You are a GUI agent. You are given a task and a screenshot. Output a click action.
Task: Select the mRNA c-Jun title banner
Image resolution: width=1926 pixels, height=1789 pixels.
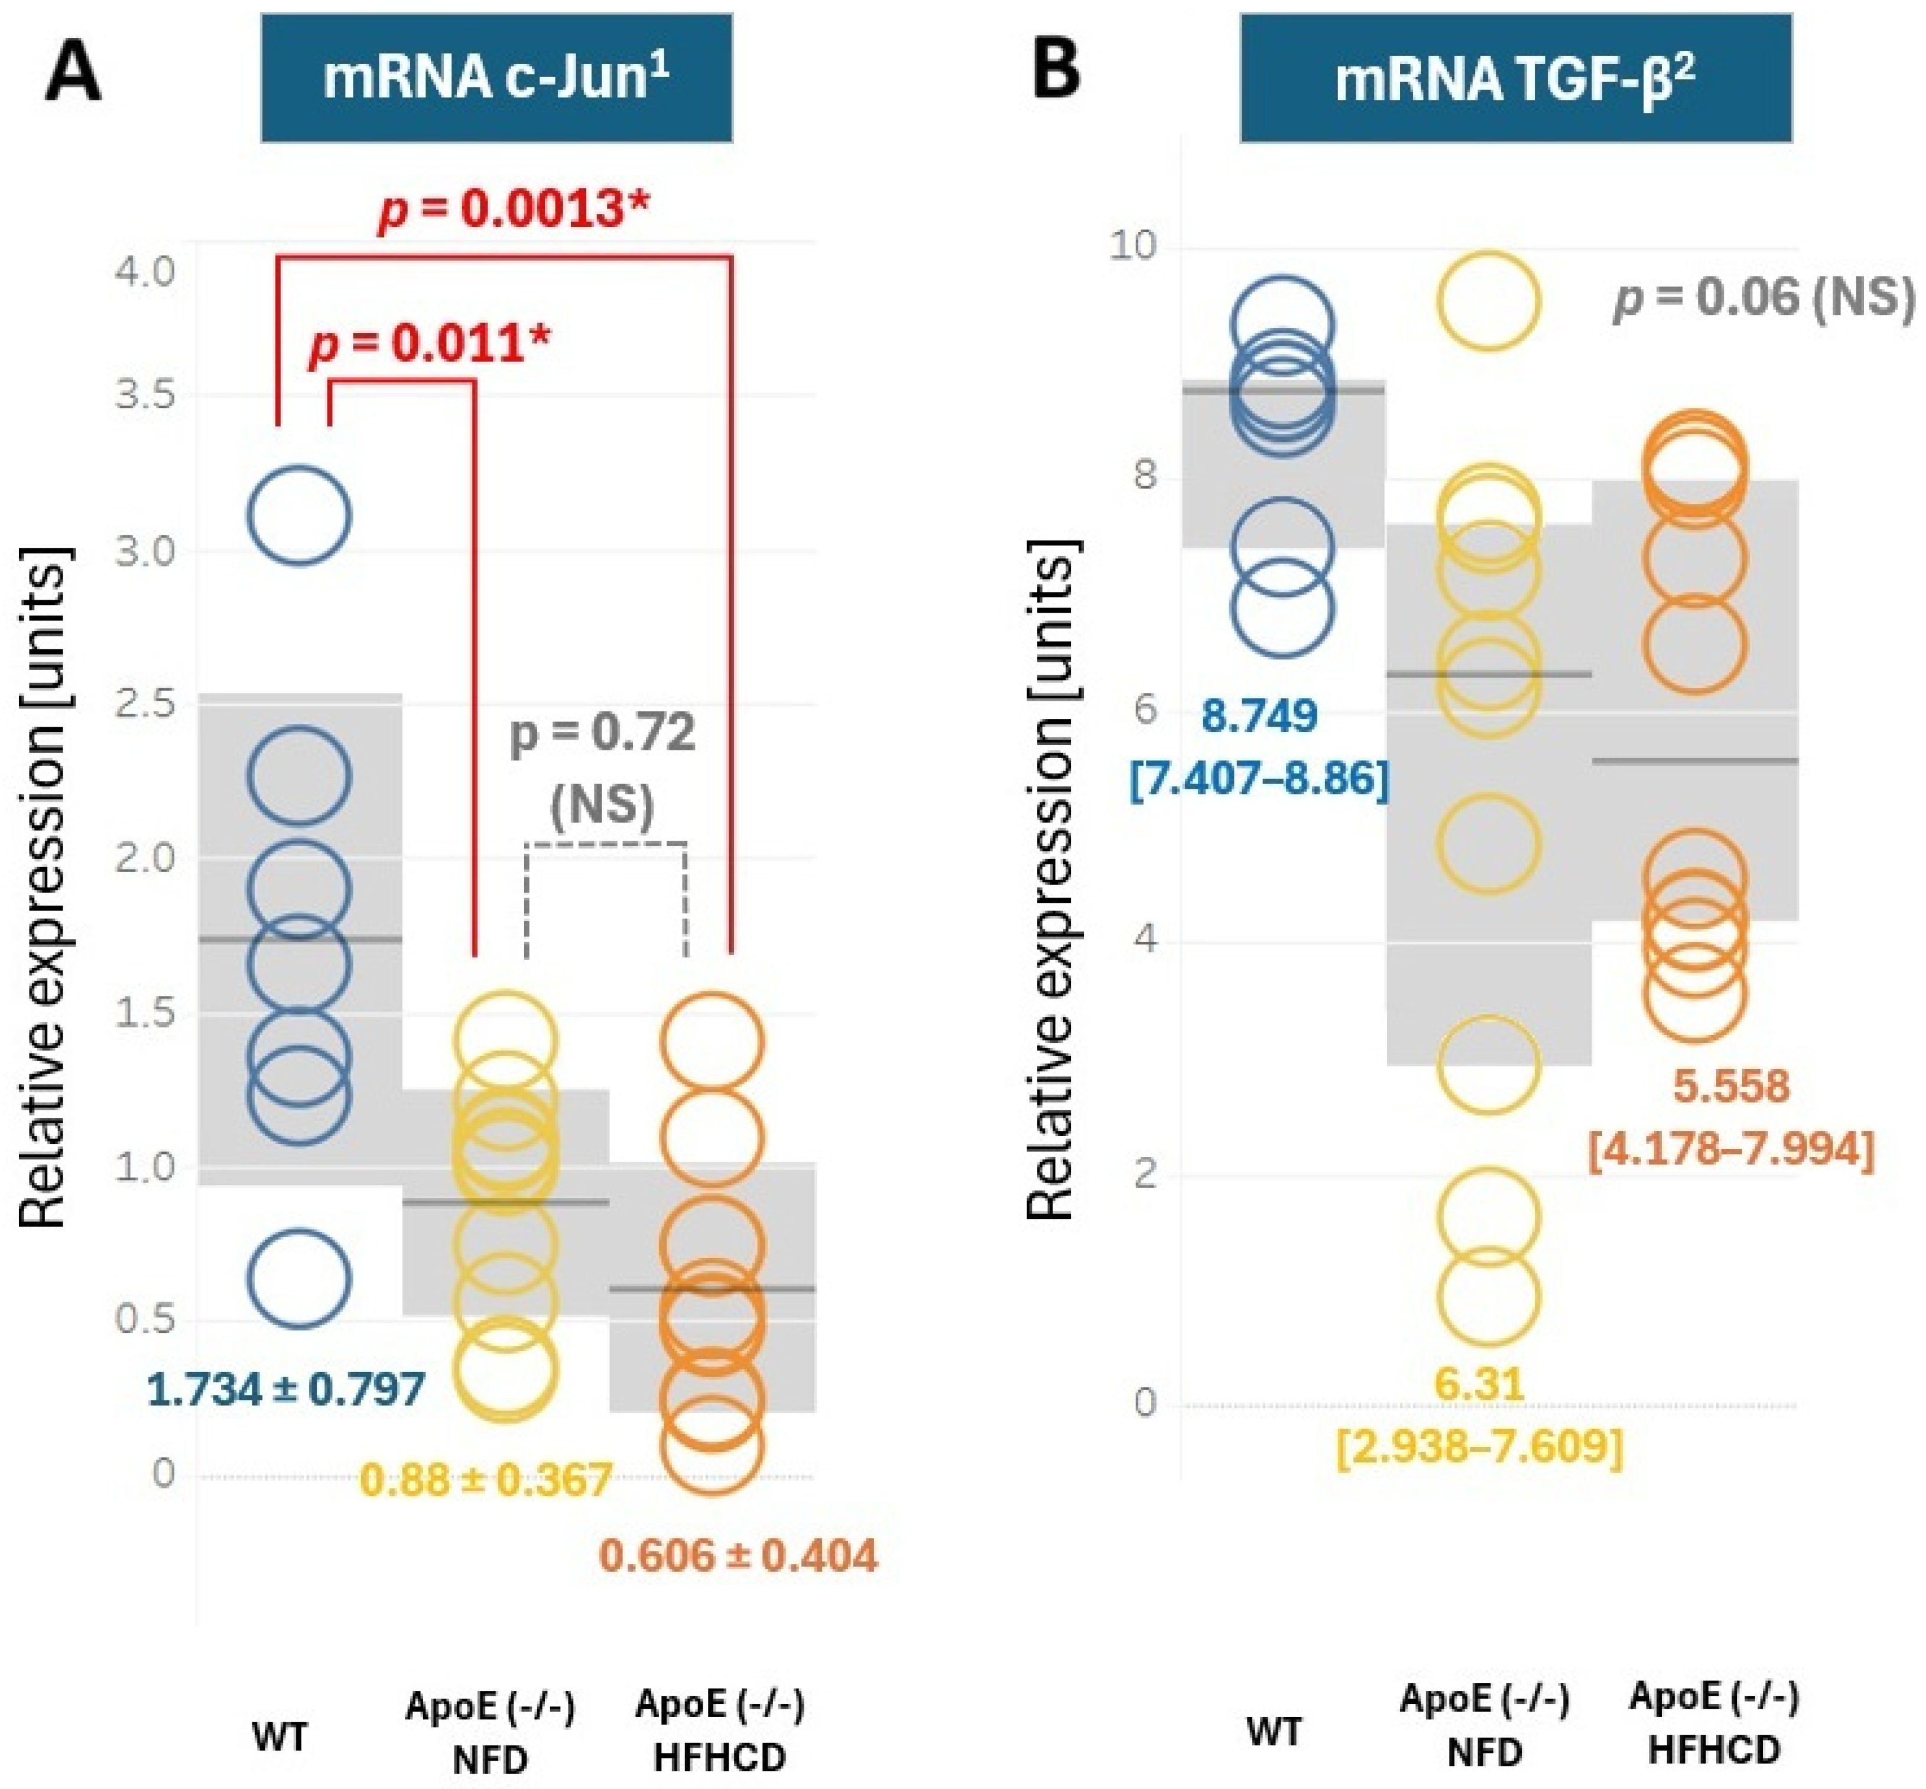point(496,77)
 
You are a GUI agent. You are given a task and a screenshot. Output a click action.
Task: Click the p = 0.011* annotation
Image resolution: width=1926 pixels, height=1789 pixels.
point(430,344)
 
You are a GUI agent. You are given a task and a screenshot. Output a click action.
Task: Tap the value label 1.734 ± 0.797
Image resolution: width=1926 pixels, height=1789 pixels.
point(285,1389)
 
